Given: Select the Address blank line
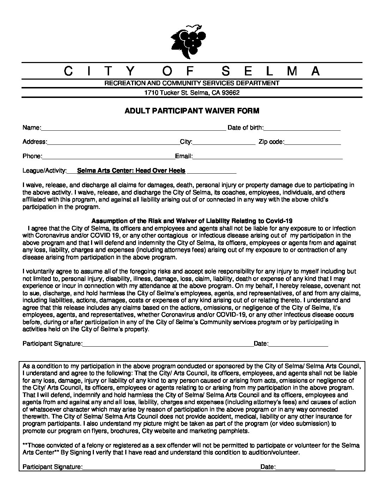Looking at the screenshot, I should pyautogui.click(x=113, y=142).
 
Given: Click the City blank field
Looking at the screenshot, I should pyautogui.click(x=224, y=142).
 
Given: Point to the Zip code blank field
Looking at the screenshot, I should pyautogui.click(x=312, y=142).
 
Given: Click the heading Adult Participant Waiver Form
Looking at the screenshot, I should pyautogui.click(x=192, y=111).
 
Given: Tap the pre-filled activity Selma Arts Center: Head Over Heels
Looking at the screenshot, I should pyautogui.click(x=131, y=171).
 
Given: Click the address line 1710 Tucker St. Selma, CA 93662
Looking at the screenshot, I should pyautogui.click(x=192, y=93).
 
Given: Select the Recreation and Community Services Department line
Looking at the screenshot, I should pyautogui.click(x=192, y=83).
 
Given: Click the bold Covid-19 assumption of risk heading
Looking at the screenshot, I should pyautogui.click(x=192, y=221).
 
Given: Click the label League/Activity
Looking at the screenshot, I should pyautogui.click(x=45, y=171).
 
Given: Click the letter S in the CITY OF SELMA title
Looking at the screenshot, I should pyautogui.click(x=227, y=72).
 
